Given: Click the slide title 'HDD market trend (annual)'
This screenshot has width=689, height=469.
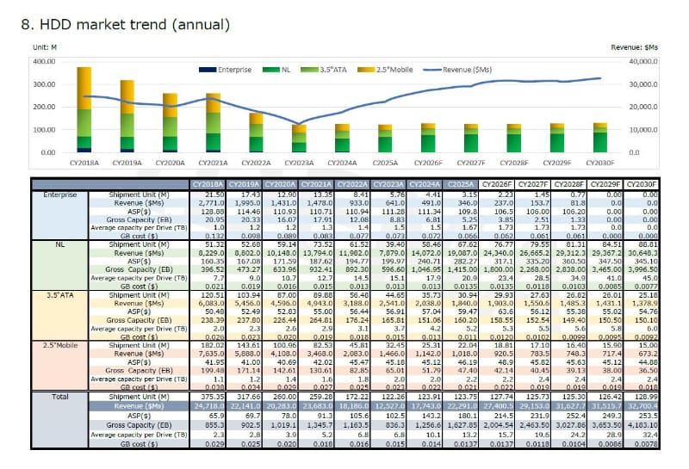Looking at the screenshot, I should (124, 24).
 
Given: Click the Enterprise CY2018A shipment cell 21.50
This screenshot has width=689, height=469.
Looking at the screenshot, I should (214, 194).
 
